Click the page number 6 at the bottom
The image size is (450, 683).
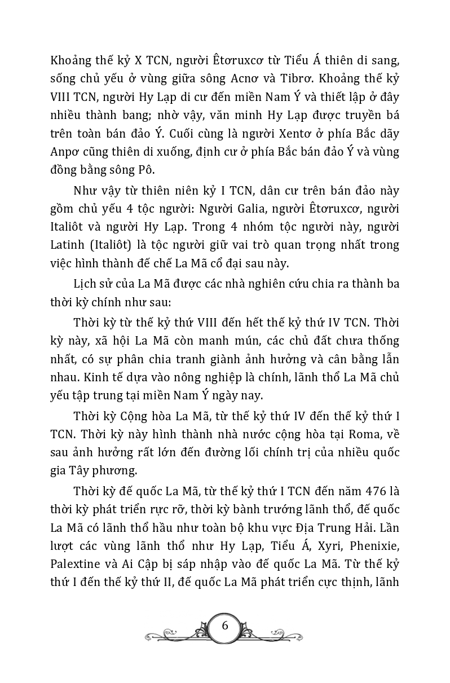click(225, 625)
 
